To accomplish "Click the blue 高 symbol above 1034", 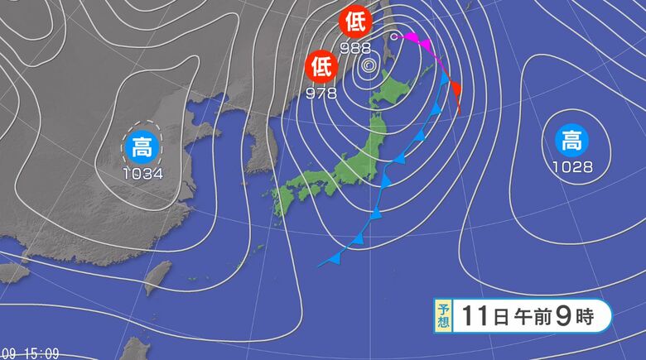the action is click(142, 147).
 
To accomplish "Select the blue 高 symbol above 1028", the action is click(571, 142).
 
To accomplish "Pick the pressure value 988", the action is click(354, 47).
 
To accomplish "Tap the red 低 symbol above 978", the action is click(320, 64).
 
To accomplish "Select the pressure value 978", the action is click(321, 92).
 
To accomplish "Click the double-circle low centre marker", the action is click(369, 62).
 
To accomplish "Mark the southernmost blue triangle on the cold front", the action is click(335, 259).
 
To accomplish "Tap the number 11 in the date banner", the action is click(475, 315).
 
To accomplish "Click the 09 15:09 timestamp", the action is click(31, 353).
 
